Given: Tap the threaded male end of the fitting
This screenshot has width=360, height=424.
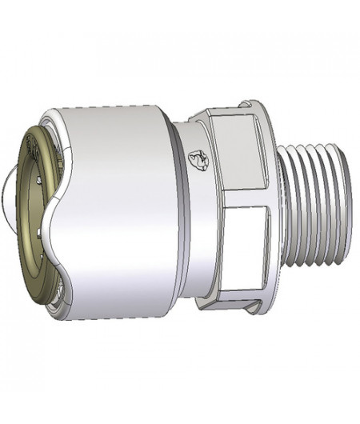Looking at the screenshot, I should click(x=316, y=204).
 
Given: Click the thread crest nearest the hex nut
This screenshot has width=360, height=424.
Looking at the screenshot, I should click(x=290, y=204).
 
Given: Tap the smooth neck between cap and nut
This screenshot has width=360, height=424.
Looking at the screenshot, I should click(x=188, y=208).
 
